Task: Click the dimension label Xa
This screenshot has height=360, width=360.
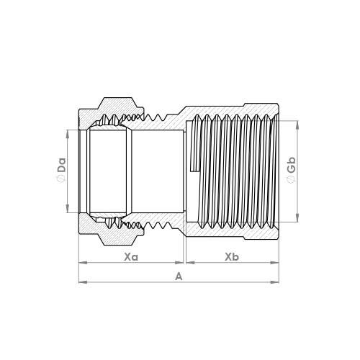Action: pos(131,257)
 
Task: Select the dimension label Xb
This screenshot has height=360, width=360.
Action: pos(232,257)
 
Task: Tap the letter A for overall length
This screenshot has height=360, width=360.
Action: pos(179,276)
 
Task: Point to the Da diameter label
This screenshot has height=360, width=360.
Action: pos(62,165)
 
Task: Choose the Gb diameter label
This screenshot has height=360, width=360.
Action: pos(292,165)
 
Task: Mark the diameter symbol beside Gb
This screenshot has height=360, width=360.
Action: pos(292,179)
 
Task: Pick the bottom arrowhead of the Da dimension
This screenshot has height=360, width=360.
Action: pos(68,209)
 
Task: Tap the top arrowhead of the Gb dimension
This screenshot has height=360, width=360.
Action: pos(297,125)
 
